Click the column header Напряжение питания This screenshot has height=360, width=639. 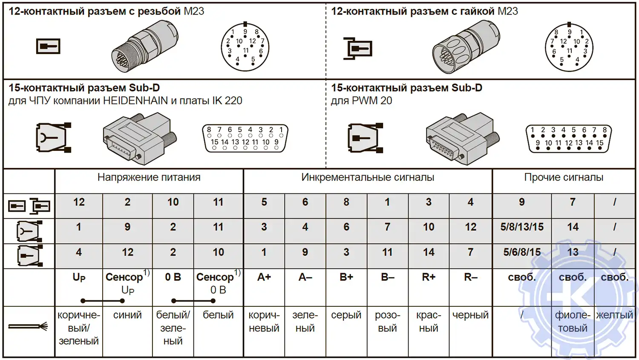tap(149, 178)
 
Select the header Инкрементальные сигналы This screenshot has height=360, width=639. tap(368, 178)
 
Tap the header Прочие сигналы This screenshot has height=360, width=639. tap(564, 178)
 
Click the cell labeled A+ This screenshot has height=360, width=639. tap(264, 277)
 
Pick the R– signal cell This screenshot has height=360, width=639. tap(471, 277)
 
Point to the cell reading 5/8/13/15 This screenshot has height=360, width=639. tap(522, 227)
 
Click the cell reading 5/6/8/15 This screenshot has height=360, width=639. tap(522, 252)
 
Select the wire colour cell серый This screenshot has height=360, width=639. tap(346, 315)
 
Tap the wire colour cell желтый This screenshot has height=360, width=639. tap(614, 315)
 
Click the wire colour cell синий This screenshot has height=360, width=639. tap(127, 315)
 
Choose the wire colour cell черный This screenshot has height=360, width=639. tap(471, 315)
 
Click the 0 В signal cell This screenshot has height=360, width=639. tap(173, 277)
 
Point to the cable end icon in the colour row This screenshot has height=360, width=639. tap(28, 327)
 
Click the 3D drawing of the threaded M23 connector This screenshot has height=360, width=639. tap(145, 46)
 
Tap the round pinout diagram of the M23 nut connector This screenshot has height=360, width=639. tap(569, 47)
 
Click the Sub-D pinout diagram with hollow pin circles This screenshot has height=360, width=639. tap(245, 138)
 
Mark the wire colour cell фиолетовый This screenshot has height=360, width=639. tap(573, 322)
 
